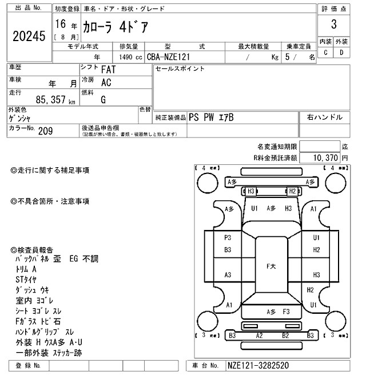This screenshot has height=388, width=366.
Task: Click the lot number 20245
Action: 28,37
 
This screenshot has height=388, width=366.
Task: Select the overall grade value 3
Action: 333,25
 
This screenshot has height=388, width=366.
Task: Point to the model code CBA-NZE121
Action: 169,57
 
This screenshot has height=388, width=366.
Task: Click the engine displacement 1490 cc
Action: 131,57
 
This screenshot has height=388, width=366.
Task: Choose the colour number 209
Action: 45,131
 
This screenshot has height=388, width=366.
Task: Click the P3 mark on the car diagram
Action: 228,237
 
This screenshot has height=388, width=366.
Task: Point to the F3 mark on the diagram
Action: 287,311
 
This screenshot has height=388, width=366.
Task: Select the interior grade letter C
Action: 325,52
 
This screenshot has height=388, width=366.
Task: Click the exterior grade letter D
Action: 341,52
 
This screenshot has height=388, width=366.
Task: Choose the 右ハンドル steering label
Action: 325,117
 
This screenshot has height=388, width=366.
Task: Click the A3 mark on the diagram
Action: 228,275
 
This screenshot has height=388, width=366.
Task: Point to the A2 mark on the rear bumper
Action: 259,336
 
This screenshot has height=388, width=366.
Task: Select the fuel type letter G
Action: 103,100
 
